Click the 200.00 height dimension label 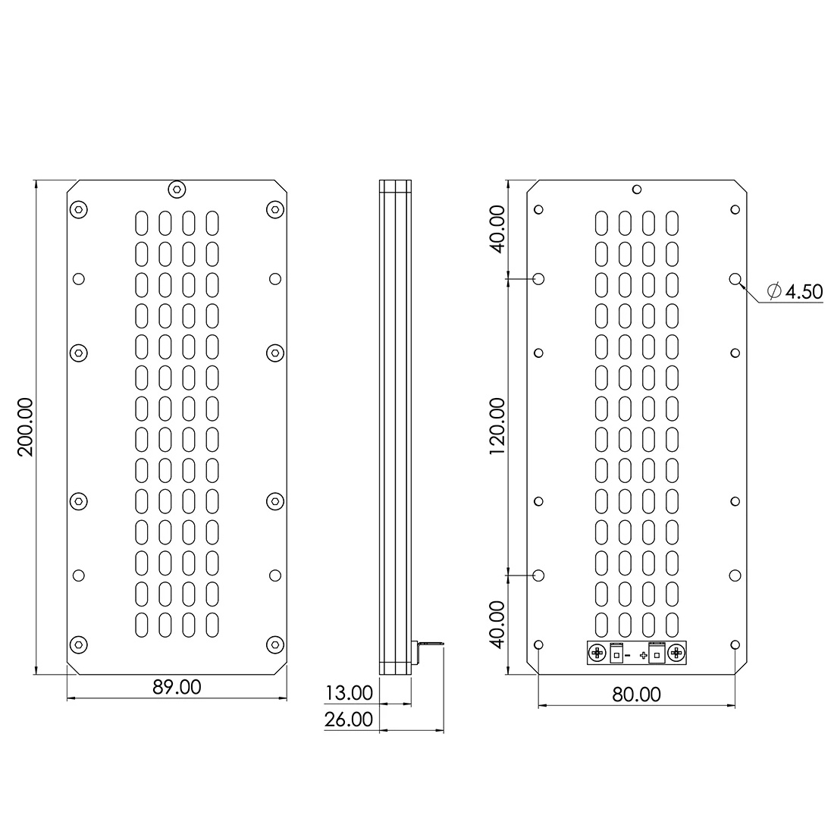point(26,427)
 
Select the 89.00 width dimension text point(177,687)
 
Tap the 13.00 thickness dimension point(349,693)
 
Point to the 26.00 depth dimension point(349,720)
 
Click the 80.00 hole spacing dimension point(636,694)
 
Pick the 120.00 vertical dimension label point(497,427)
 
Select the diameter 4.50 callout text point(795,291)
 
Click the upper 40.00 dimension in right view point(497,229)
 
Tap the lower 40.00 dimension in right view point(497,625)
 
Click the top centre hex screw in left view point(177,189)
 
